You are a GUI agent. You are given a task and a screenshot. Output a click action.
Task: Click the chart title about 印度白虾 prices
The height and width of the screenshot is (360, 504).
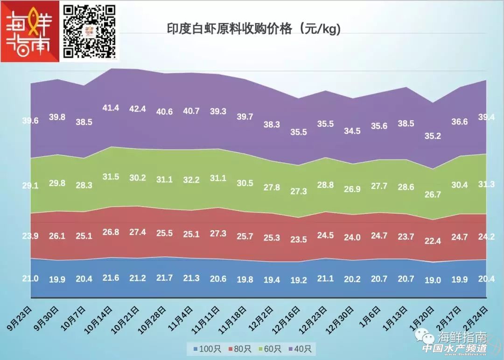tap(254, 29)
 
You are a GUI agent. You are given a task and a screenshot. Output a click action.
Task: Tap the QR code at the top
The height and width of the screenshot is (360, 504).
tap(89, 31)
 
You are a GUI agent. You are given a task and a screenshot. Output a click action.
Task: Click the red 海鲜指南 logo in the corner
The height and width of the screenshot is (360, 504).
tap(31, 32)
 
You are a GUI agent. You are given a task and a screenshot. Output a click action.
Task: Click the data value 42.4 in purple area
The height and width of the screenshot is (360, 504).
tap(138, 109)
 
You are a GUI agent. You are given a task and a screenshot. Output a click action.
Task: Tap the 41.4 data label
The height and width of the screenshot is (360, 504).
tap(111, 108)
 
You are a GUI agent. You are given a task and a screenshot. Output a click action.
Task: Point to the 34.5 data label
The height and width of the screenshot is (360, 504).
tap(352, 131)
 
